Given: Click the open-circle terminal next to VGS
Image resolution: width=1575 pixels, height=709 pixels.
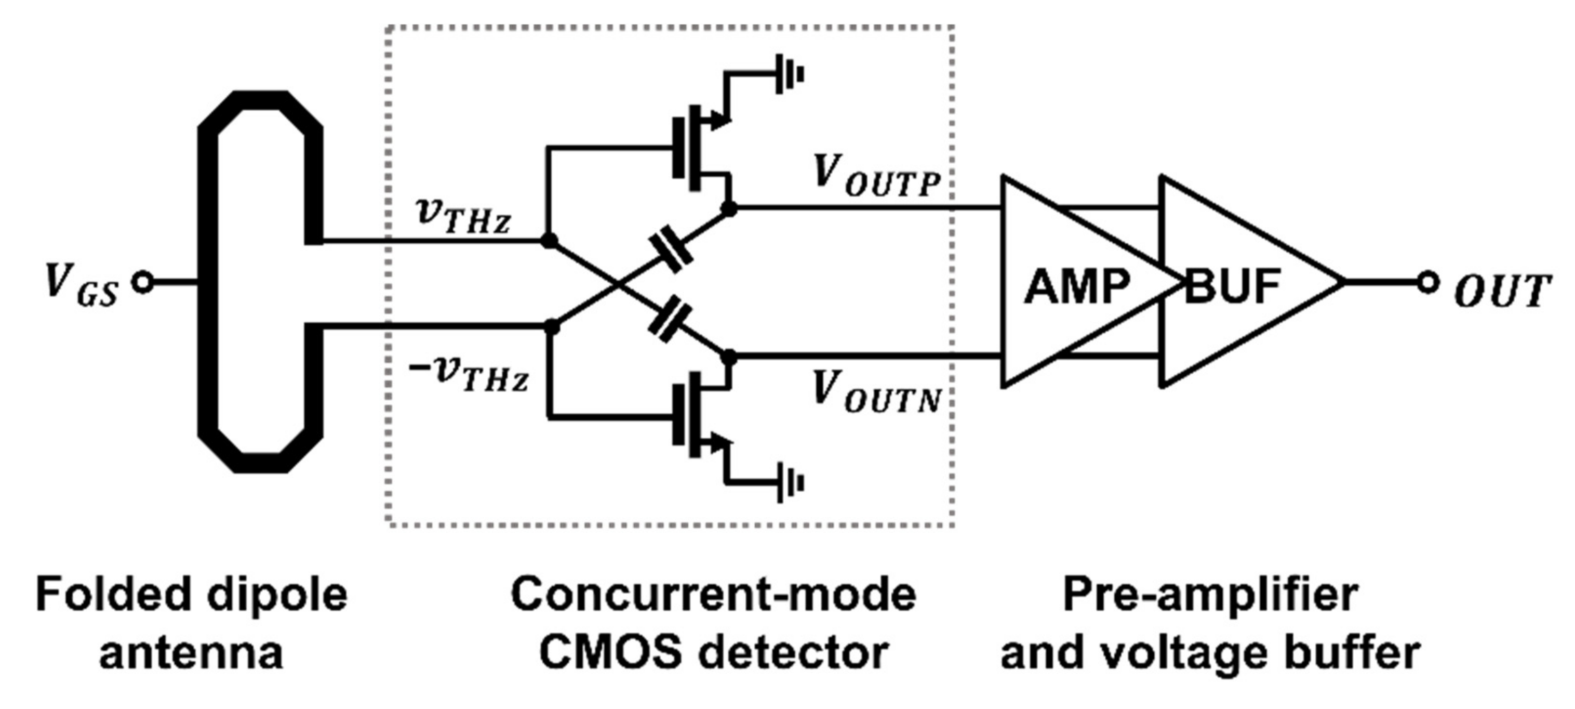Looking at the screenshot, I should [x=143, y=283].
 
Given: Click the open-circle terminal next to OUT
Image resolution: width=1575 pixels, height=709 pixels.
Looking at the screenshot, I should [x=1427, y=283].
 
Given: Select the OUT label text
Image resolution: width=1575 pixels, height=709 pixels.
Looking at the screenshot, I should [x=1502, y=292].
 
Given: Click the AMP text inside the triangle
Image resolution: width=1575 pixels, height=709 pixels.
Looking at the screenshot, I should [x=1077, y=286].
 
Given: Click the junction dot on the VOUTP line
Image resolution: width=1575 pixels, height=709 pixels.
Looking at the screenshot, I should [x=728, y=208].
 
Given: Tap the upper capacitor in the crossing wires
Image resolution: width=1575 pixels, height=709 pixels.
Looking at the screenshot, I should [x=671, y=250].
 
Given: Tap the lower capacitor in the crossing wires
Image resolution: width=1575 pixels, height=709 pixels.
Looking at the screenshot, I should [x=671, y=317].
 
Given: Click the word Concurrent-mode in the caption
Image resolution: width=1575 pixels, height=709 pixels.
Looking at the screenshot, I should [x=713, y=595].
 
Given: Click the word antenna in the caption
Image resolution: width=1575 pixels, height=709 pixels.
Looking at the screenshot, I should [x=191, y=653].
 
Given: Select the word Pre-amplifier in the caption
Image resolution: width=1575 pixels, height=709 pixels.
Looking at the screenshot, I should [x=1210, y=595].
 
